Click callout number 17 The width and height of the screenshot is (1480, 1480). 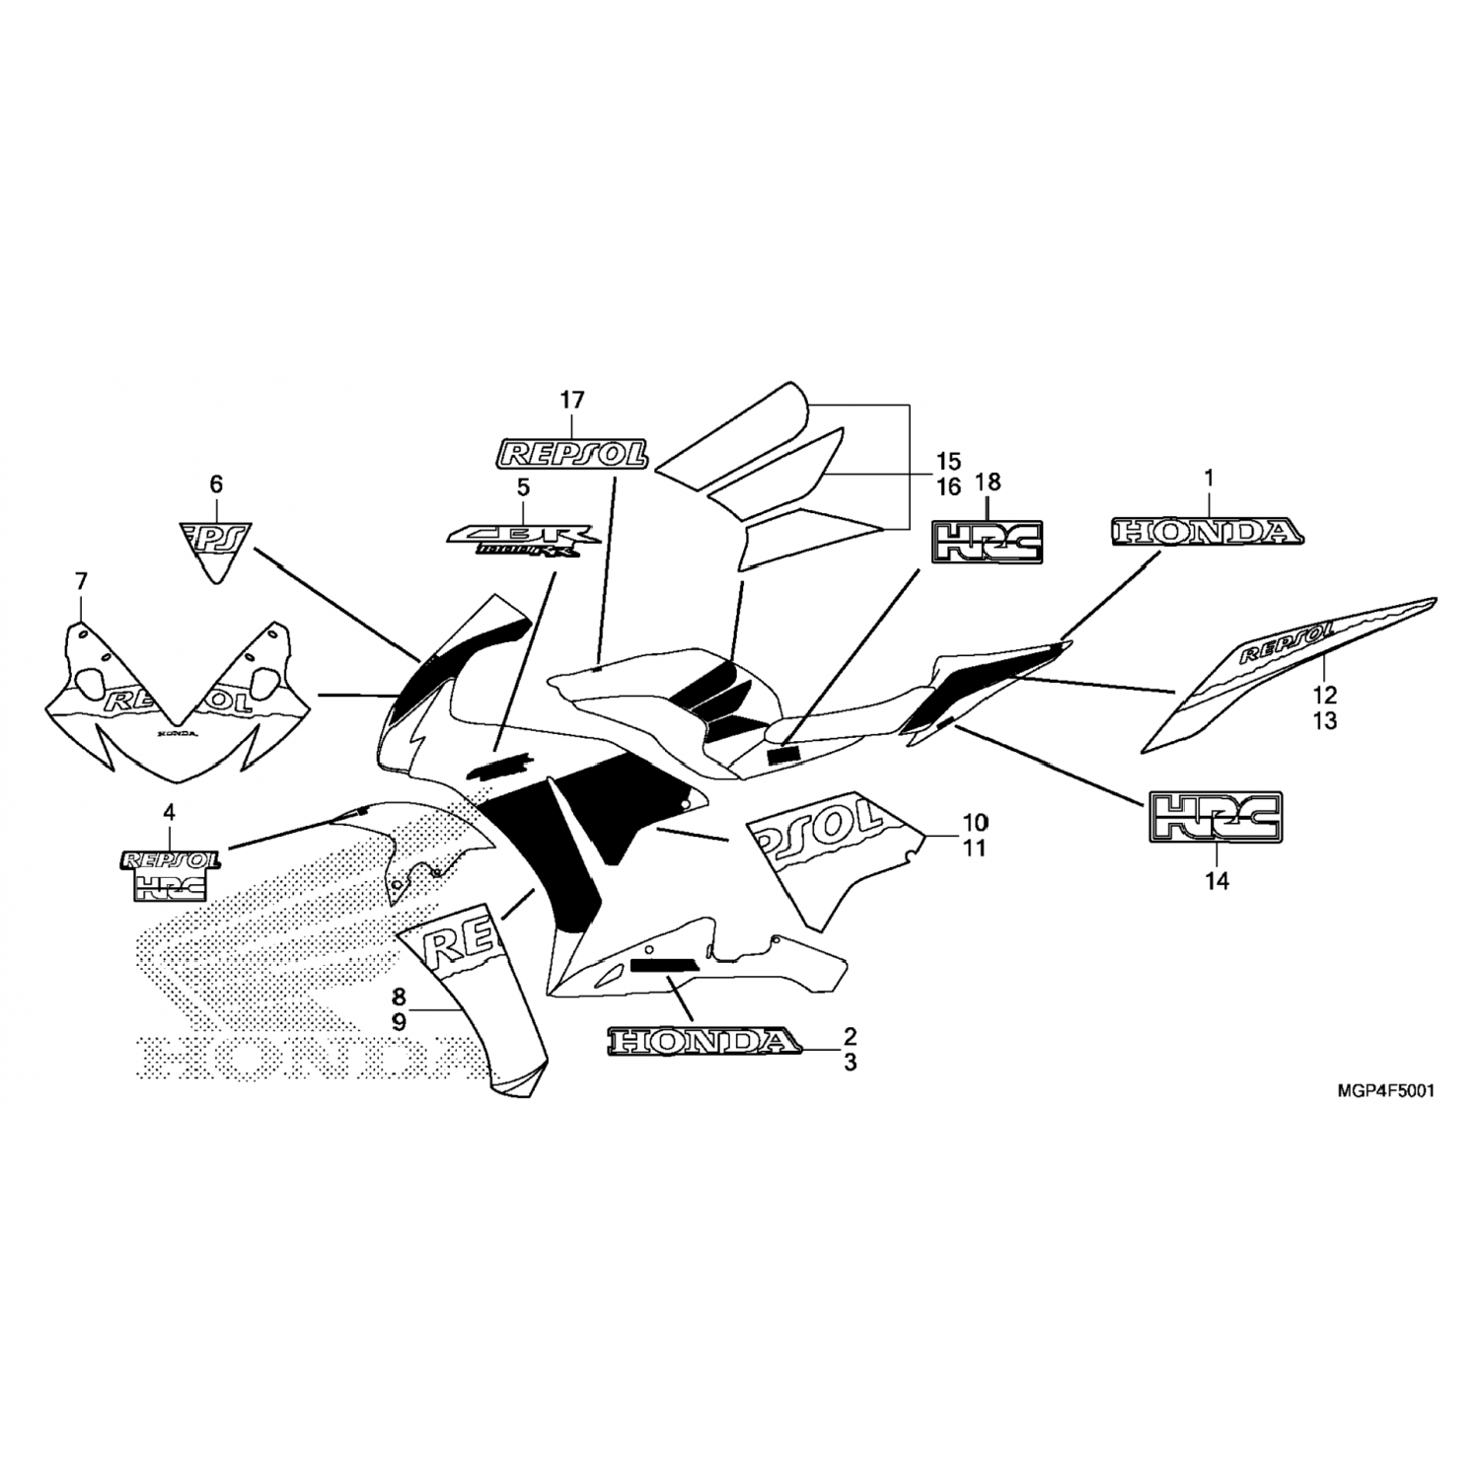tap(572, 400)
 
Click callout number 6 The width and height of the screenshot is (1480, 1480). tap(216, 483)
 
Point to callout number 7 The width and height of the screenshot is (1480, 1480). tap(81, 580)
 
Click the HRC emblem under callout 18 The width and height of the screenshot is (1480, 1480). tap(989, 542)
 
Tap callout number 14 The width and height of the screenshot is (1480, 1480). tap(1218, 881)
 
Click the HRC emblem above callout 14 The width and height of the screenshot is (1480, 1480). tap(1215, 818)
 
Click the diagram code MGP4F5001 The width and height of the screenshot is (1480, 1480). tap(1385, 1092)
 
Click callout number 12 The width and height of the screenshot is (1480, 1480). tap(1325, 694)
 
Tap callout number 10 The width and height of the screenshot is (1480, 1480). tap(975, 821)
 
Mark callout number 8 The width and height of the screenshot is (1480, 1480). tap(399, 995)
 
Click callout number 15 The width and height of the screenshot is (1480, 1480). tap(947, 461)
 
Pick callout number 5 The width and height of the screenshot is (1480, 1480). tap(523, 485)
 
